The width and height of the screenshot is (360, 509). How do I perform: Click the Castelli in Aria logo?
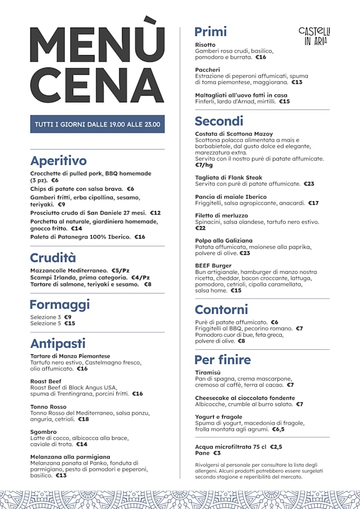[x=314, y=35]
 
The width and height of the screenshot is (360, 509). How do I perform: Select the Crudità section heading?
[x=53, y=258]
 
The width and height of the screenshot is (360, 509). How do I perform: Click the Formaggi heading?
[x=60, y=305]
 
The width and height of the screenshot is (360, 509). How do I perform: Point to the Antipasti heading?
[x=58, y=343]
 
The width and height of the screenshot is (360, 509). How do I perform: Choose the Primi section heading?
[x=210, y=31]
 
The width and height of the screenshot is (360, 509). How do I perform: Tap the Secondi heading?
[x=219, y=121]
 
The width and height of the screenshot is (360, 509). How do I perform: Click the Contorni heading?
[x=221, y=309]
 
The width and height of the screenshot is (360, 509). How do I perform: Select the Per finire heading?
[x=223, y=359]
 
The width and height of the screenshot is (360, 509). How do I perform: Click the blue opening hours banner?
[x=97, y=124]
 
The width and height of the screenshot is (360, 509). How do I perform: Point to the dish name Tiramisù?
[x=208, y=373]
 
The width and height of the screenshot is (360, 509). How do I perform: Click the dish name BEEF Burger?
[x=213, y=265]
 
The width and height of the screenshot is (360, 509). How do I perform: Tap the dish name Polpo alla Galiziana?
[x=224, y=241]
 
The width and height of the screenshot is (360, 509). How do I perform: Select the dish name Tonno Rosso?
[x=48, y=407]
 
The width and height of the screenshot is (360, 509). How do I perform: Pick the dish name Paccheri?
[x=208, y=70]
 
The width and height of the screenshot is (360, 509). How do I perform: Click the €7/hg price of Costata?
[x=204, y=165]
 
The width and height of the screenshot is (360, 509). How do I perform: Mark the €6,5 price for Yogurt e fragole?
[x=278, y=429]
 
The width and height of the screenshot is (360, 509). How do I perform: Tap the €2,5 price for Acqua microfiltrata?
[x=276, y=447]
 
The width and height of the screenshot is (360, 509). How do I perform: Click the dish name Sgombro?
[x=43, y=432]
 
